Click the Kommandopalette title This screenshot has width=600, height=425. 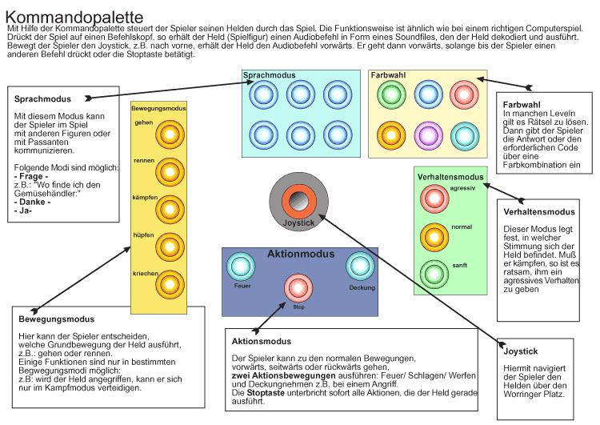click(74, 18)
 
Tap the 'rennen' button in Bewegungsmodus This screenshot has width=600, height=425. click(170, 172)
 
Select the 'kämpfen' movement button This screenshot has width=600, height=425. click(170, 210)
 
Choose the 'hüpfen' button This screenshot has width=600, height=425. click(170, 247)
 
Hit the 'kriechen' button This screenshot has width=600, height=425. click(170, 284)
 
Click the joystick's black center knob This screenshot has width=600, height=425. click(299, 202)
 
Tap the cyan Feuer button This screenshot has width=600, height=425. click(241, 267)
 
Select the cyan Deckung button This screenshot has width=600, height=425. click(360, 267)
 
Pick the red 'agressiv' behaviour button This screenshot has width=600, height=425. click(434, 198)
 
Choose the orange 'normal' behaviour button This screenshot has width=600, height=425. click(434, 238)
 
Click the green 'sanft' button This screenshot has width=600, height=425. click(434, 275)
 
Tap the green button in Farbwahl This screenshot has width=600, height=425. click(391, 94)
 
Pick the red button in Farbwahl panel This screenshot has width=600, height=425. click(464, 94)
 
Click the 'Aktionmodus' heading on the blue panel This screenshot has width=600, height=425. click(301, 254)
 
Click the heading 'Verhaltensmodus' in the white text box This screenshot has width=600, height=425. click(539, 212)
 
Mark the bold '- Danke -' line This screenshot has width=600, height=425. click(32, 202)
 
